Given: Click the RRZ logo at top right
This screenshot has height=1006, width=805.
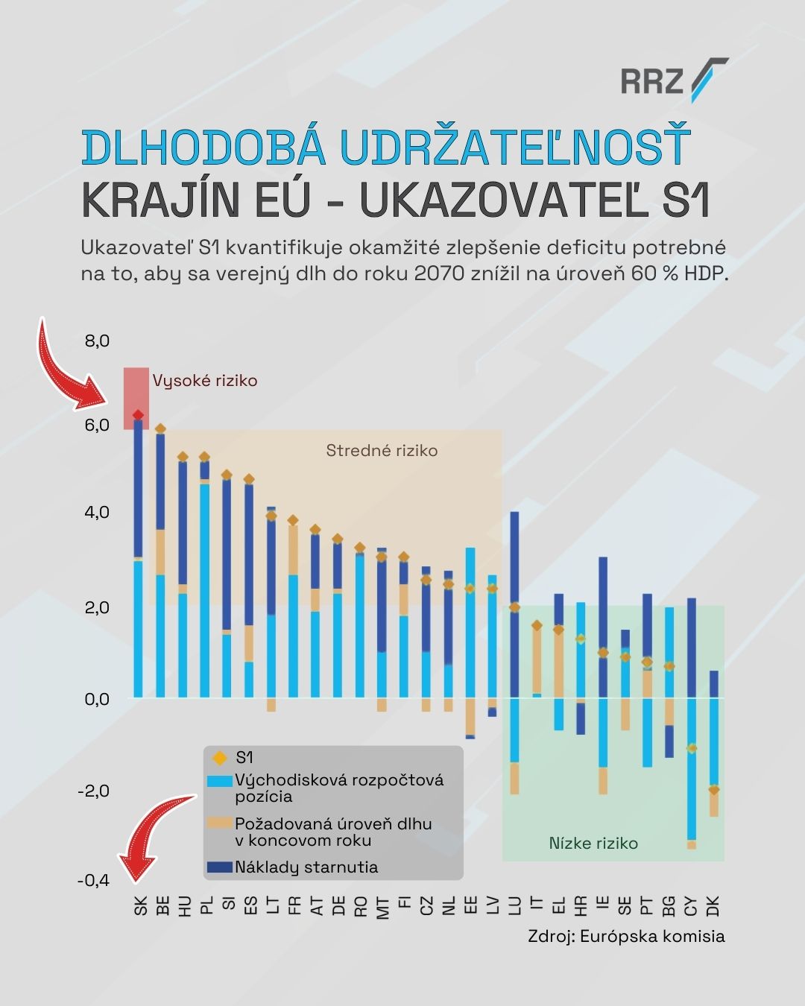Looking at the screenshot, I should pyautogui.click(x=673, y=80).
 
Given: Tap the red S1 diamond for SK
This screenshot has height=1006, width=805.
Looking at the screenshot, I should pyautogui.click(x=138, y=415).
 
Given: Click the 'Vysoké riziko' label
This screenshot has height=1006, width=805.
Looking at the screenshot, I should pyautogui.click(x=205, y=381).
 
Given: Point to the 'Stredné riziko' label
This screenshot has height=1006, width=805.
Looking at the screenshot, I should pyautogui.click(x=382, y=451).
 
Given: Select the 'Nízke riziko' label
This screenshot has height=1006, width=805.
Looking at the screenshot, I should pyautogui.click(x=593, y=844).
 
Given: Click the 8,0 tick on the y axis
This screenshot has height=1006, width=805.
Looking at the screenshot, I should pyautogui.click(x=97, y=341).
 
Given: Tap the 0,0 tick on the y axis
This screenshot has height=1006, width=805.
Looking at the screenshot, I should pyautogui.click(x=97, y=699).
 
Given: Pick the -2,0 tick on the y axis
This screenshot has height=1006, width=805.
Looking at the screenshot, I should pyautogui.click(x=94, y=791).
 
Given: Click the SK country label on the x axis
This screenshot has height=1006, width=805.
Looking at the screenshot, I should pyautogui.click(x=140, y=905).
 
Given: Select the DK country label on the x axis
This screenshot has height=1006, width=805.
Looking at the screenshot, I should pyautogui.click(x=713, y=906).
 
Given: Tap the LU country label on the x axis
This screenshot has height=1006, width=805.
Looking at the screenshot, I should pyautogui.click(x=514, y=905).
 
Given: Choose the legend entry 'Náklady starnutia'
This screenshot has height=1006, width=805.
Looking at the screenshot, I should pyautogui.click(x=306, y=867).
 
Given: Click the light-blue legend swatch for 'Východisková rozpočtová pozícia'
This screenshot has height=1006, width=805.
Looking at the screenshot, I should pyautogui.click(x=219, y=782).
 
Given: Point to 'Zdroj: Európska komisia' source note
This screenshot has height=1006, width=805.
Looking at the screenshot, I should pyautogui.click(x=626, y=937).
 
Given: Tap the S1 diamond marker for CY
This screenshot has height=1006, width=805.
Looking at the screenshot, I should pyautogui.click(x=692, y=748).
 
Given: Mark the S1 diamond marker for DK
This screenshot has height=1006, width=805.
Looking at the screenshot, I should pyautogui.click(x=714, y=790).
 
